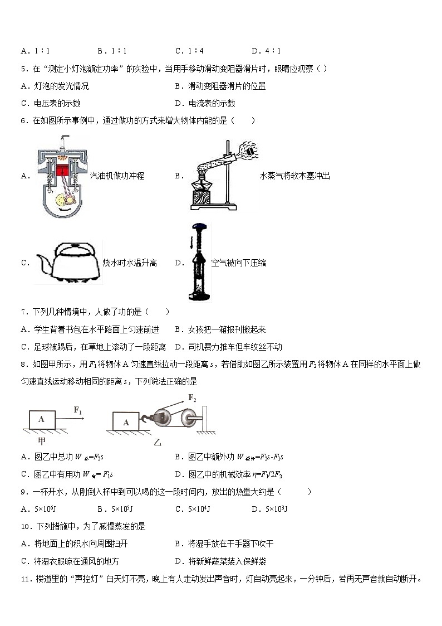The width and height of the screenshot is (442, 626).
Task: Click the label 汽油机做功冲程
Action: pyautogui.click(x=117, y=176)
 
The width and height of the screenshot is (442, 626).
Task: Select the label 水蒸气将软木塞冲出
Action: pyautogui.click(x=294, y=176)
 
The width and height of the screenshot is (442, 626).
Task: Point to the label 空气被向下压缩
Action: pyautogui.click(x=238, y=263)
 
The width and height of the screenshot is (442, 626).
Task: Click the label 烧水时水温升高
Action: pyautogui.click(x=130, y=263)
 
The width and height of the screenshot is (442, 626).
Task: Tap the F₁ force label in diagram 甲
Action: pyautogui.click(x=78, y=411)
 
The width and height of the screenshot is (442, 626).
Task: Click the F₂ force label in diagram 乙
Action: pyautogui.click(x=192, y=398)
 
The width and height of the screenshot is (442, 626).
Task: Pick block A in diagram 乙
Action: pyautogui.click(x=126, y=422)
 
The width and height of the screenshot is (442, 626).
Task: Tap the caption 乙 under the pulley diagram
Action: pyautogui.click(x=158, y=443)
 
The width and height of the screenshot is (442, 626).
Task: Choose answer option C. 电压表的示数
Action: pyautogui.click(x=51, y=103)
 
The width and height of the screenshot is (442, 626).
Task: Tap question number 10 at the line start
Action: pyautogui.click(x=24, y=527)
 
